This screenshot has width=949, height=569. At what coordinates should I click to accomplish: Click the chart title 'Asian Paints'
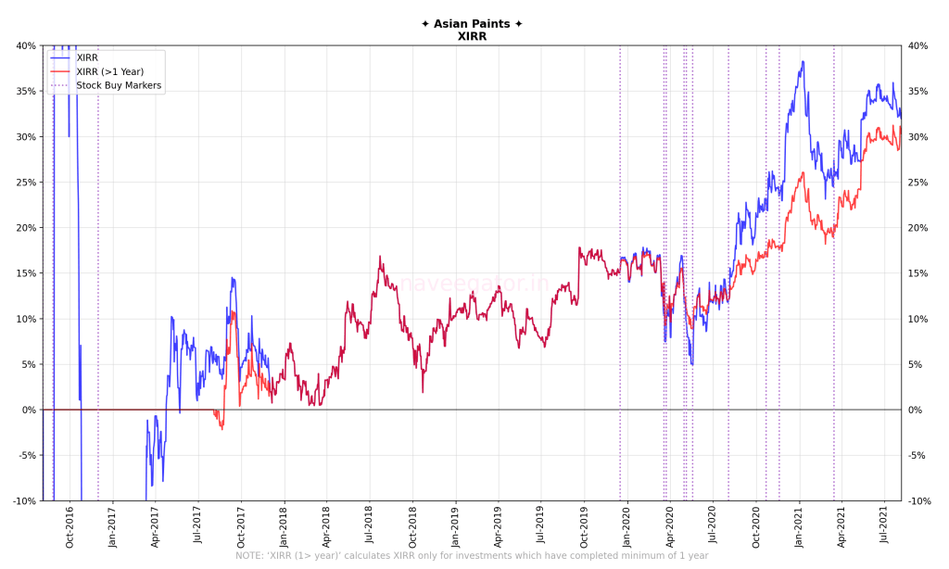472,24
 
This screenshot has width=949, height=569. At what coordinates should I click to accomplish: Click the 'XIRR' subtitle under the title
472,36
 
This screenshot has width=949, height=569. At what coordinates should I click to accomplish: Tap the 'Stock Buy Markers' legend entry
119,85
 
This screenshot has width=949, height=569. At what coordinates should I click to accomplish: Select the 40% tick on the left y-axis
25,45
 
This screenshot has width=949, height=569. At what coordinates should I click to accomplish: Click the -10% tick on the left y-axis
23,500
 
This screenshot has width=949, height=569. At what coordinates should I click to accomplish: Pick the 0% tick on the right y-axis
915,410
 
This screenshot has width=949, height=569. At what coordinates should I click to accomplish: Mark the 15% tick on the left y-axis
25,273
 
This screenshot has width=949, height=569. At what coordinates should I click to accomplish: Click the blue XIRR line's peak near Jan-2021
803,62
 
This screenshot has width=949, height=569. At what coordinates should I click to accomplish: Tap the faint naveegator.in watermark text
474,284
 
